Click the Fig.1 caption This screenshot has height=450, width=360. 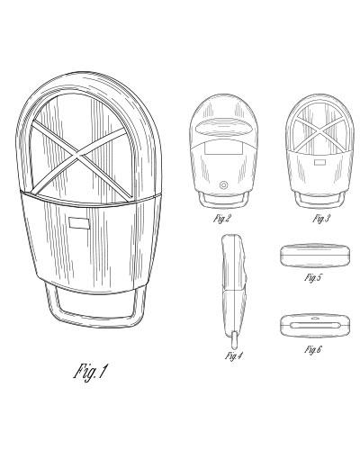pos(90,372)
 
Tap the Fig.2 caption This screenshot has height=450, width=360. pos(221,219)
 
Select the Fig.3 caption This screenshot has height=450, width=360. pos(320,219)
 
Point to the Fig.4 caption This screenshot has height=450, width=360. pos(234,356)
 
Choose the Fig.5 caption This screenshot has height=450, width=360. pos(313,277)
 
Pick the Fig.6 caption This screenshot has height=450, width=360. pos(313,349)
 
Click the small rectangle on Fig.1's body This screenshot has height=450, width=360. pos(79,222)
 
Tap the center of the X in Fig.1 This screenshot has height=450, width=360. pos(78,156)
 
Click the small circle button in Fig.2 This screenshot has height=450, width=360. pos(223,185)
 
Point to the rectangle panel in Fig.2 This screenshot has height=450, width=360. pos(223,148)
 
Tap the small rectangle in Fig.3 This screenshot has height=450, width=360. pos(319,163)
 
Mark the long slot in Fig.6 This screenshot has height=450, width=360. pos(315,325)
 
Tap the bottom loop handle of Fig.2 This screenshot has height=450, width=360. pos(223,204)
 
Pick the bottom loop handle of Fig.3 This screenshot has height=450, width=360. pos(319,204)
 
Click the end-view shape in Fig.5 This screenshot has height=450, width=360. pos(315,255)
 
